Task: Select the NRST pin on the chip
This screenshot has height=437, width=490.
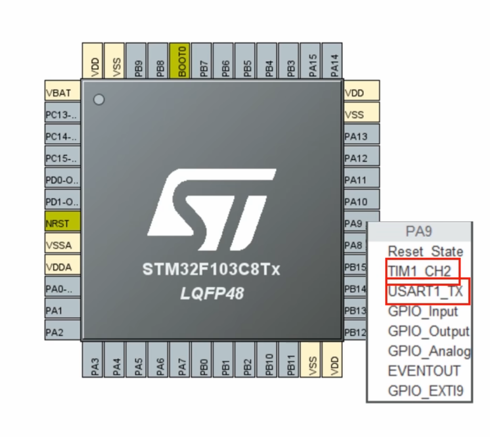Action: [x=62, y=223]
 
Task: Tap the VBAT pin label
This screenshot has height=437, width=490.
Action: [x=62, y=93]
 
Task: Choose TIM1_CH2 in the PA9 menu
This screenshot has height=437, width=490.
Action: [x=419, y=271]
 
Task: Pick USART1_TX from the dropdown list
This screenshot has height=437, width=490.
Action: [x=426, y=291]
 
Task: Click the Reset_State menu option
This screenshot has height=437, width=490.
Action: [x=425, y=252]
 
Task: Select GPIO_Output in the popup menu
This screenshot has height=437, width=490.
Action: [x=428, y=331]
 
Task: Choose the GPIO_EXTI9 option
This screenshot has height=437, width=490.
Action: [x=425, y=391]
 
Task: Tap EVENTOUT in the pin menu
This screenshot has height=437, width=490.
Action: [x=423, y=371]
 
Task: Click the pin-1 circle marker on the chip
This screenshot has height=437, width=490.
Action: [x=99, y=100]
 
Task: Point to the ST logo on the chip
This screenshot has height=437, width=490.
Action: [x=212, y=210]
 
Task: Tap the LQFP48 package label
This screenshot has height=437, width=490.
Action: [x=212, y=293]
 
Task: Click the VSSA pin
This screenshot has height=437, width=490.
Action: [x=62, y=245]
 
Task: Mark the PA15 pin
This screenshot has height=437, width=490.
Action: [x=312, y=61]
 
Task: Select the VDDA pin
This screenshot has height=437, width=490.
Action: [x=62, y=266]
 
